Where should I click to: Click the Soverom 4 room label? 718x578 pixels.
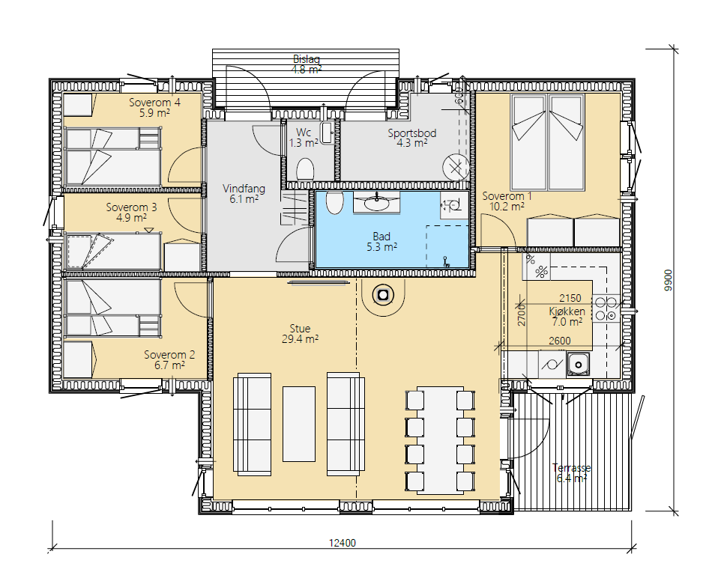tap(154, 103)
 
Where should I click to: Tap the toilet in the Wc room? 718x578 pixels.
tap(305, 170)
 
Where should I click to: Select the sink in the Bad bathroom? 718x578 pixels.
tap(376, 203)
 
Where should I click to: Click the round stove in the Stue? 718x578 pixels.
tap(383, 296)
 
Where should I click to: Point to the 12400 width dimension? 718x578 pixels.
tap(343, 543)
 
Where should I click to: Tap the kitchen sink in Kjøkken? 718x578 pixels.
tap(578, 365)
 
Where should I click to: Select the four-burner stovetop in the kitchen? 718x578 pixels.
tap(606, 308)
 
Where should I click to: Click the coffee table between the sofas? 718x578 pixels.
tap(299, 424)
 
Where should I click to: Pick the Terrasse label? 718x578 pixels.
tap(571, 468)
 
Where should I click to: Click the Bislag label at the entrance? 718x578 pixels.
tap(307, 59)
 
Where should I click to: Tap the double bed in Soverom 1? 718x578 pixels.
tap(547, 142)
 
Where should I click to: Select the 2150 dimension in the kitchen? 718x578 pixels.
tap(570, 298)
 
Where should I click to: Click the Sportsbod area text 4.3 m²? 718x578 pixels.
tap(412, 143)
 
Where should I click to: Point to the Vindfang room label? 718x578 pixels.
tap(244, 189)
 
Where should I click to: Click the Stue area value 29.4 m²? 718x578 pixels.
tap(301, 339)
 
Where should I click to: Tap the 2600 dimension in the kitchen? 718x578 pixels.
tap(560, 341)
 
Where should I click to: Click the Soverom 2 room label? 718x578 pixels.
tap(169, 354)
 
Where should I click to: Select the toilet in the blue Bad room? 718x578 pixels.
tap(335, 203)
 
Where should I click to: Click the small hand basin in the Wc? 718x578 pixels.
tap(328, 133)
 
